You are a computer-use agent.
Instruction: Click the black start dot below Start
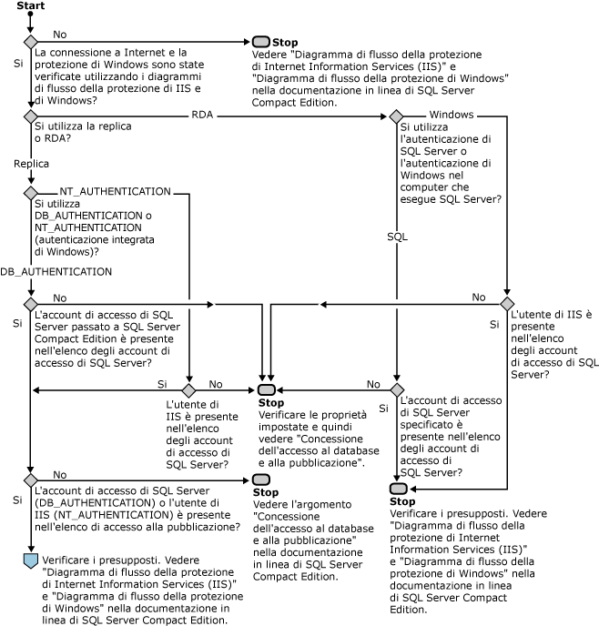[x=30, y=18]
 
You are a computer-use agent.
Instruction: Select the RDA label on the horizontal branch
[x=203, y=115]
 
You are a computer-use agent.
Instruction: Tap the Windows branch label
[x=450, y=115]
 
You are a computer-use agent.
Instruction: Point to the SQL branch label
[x=397, y=236]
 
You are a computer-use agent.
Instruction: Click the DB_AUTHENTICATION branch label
[x=56, y=271]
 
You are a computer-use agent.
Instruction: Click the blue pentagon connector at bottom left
[x=30, y=559]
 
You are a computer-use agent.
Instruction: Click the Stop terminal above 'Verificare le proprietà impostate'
[x=266, y=390]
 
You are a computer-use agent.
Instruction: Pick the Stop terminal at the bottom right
[x=397, y=489]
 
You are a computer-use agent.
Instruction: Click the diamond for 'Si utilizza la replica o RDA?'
[x=30, y=117]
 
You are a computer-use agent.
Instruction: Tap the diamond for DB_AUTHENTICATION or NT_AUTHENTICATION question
[x=30, y=194]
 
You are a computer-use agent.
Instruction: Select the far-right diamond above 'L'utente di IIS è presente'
[x=507, y=303]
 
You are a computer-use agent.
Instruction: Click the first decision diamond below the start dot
[x=30, y=42]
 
